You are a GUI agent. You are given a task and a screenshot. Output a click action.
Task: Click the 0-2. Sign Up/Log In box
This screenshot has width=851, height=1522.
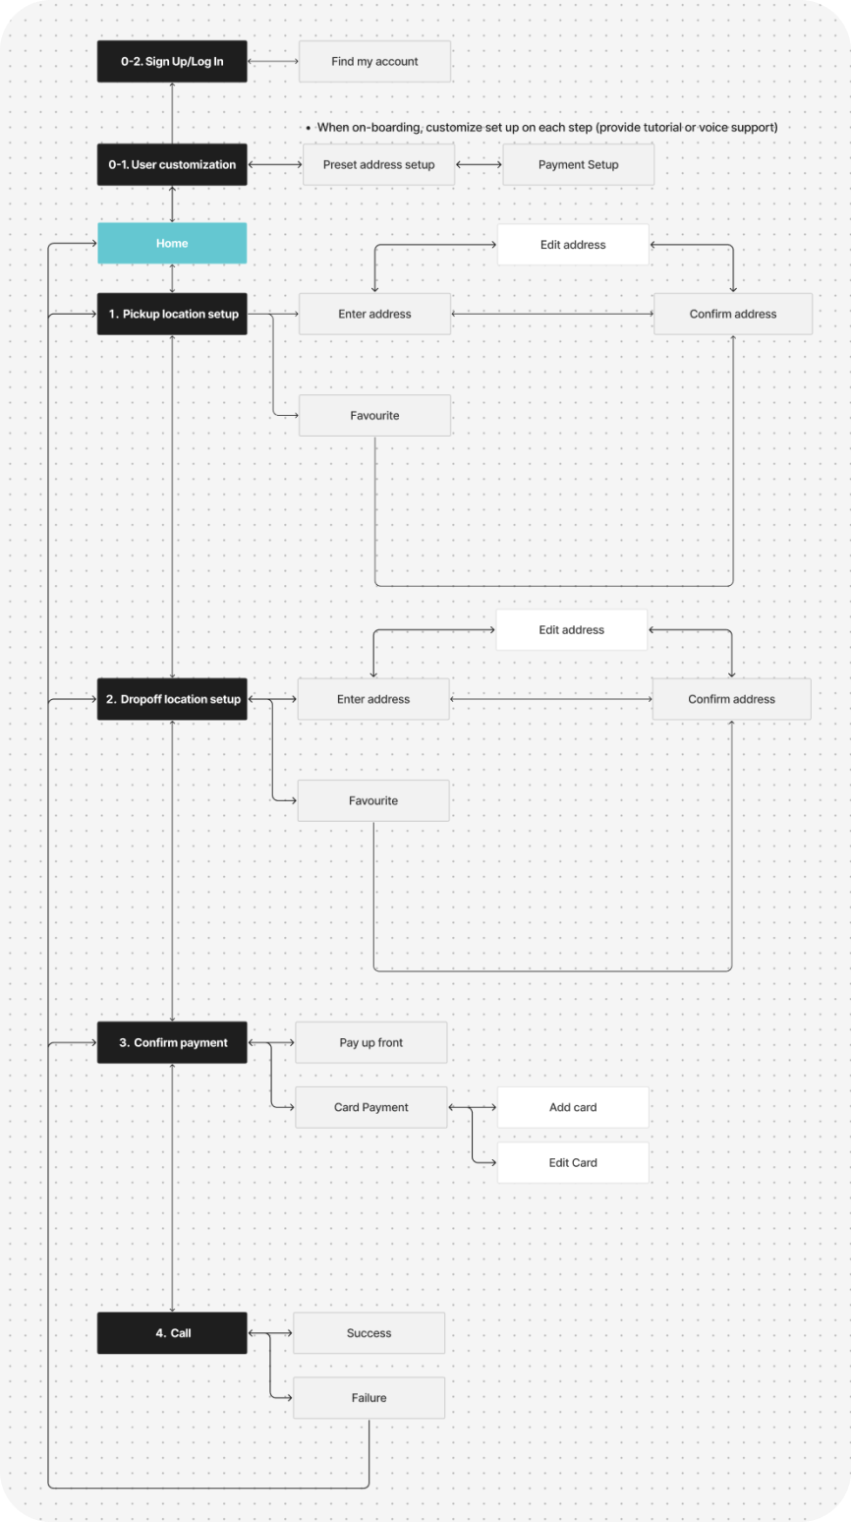tap(172, 61)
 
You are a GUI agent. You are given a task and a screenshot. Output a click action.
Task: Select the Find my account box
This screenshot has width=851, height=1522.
tap(375, 61)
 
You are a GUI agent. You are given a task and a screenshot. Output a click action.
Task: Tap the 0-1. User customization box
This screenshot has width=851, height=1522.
tap(172, 164)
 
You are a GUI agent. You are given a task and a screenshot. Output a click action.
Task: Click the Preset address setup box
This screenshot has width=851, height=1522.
tap(379, 164)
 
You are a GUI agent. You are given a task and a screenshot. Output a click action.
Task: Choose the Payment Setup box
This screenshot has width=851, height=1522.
tap(579, 164)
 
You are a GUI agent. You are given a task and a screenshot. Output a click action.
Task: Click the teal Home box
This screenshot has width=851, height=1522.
tap(172, 243)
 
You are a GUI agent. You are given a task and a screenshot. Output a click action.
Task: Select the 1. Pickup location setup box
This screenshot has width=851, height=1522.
tap(172, 314)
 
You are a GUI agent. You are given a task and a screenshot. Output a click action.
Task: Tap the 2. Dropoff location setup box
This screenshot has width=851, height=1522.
tap(172, 699)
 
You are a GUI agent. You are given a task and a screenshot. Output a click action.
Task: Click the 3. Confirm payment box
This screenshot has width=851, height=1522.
tap(172, 1042)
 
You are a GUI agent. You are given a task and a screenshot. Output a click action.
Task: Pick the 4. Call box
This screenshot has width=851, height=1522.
tap(172, 1333)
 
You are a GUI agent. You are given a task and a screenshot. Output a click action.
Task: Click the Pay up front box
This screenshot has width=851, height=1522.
tap(371, 1042)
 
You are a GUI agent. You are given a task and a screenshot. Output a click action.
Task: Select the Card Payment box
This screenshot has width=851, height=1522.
tap(371, 1107)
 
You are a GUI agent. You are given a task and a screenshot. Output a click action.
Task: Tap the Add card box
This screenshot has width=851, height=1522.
tap(573, 1107)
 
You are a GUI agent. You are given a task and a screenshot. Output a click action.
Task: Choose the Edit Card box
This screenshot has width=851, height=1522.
tap(573, 1162)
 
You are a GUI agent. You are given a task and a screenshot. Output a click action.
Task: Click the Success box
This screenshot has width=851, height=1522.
tap(369, 1333)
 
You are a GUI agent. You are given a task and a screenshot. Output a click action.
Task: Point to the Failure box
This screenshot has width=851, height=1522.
tap(369, 1398)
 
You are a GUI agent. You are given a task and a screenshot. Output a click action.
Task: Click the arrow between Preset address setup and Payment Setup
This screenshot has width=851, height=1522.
tap(479, 164)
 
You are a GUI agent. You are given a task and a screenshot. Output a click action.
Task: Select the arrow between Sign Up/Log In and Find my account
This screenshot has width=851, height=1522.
tap(273, 61)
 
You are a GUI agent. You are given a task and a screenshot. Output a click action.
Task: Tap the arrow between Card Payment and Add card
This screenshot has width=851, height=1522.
tap(473, 1107)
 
